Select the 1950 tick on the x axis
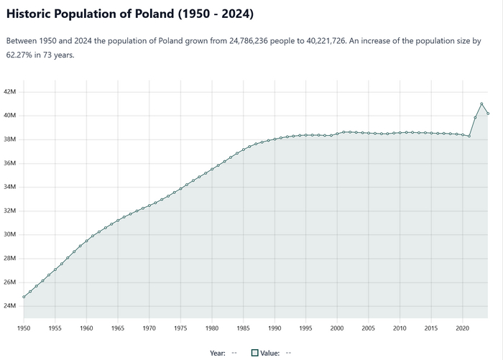(x=24, y=328)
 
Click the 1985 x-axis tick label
(x=243, y=328)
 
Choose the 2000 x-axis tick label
(x=337, y=328)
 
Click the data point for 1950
(x=24, y=297)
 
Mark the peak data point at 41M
(x=481, y=104)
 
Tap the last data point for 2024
(x=488, y=114)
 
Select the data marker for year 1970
(x=149, y=206)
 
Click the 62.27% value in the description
(x=21, y=55)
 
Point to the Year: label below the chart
(x=218, y=353)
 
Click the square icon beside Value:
(x=254, y=353)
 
